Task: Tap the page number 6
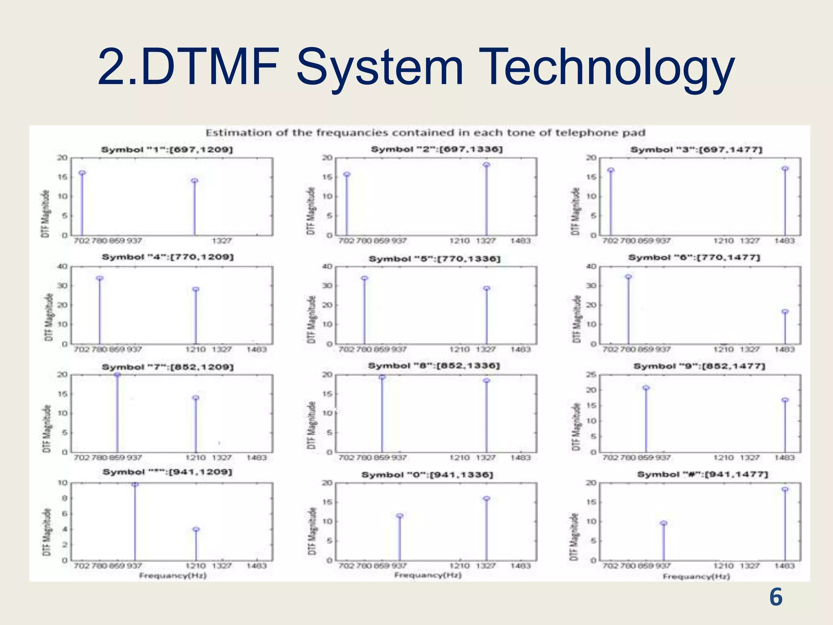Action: tap(776, 597)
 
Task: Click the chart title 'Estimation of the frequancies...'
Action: tap(425, 133)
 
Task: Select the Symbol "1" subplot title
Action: tap(167, 150)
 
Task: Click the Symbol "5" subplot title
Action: tap(434, 259)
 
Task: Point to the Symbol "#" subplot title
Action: tap(702, 474)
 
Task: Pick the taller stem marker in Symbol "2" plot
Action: tap(486, 165)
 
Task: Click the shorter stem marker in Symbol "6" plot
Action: tap(785, 312)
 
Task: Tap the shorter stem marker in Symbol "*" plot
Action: tap(196, 529)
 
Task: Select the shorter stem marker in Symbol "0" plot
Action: tap(399, 516)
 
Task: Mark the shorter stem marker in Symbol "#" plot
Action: tap(663, 523)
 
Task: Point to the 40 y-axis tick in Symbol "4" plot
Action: tap(62, 267)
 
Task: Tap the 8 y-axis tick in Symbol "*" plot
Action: tap(64, 498)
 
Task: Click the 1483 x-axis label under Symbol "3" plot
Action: tap(784, 241)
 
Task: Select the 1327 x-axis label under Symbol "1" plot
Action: tap(222, 241)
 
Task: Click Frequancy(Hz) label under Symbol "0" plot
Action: tap(428, 575)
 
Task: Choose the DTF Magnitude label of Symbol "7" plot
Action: tap(47, 428)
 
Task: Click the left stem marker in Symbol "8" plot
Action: tap(382, 377)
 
